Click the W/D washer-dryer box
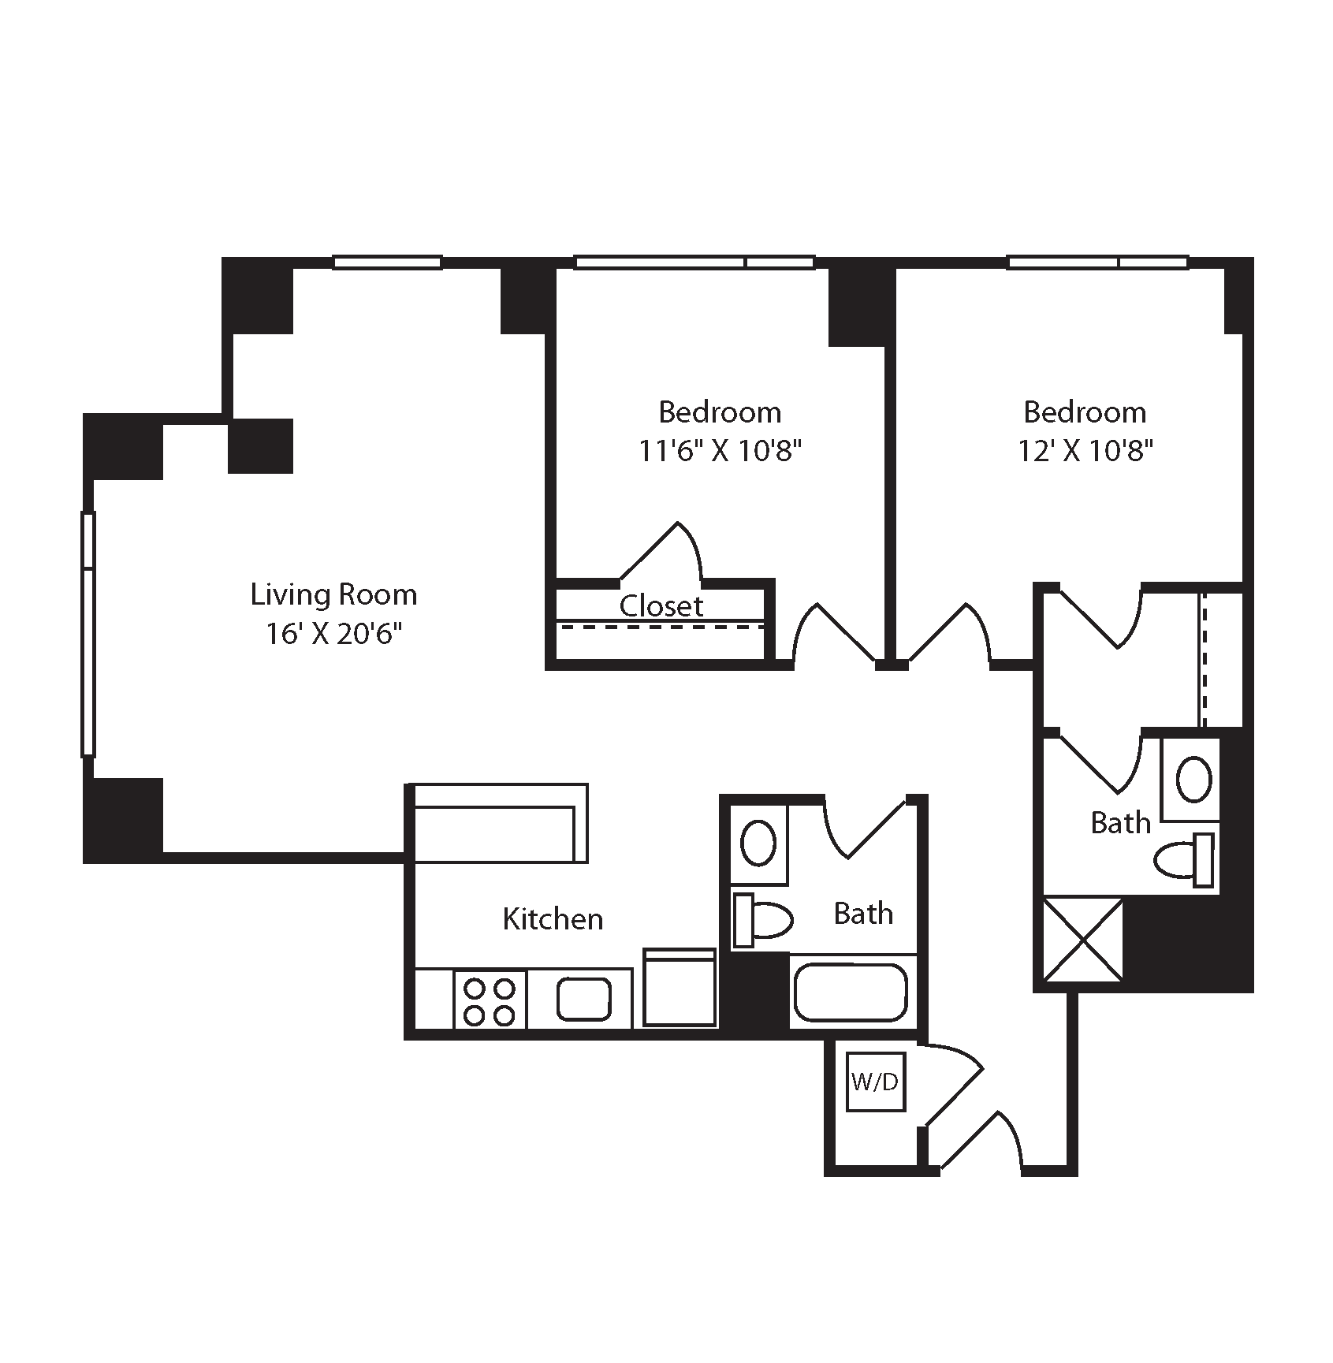(874, 1082)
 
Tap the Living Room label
(333, 594)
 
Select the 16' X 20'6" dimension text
(333, 634)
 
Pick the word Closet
(661, 605)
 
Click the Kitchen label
(553, 919)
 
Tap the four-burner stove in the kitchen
(490, 999)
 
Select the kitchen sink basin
(584, 999)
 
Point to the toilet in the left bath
(763, 919)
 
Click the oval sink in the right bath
(1194, 780)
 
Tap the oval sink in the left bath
(758, 843)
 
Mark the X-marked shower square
(1083, 939)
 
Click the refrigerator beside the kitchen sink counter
(680, 987)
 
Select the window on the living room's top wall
(386, 262)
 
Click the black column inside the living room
(261, 446)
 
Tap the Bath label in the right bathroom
(1121, 823)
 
